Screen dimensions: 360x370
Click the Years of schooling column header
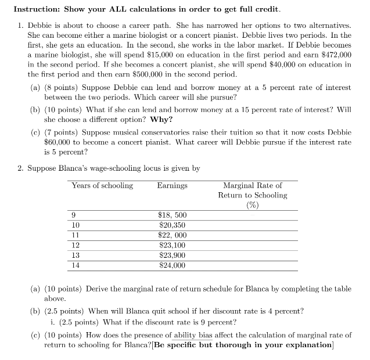102,186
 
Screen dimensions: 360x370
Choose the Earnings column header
172,186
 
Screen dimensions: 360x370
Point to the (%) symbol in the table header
252,205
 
